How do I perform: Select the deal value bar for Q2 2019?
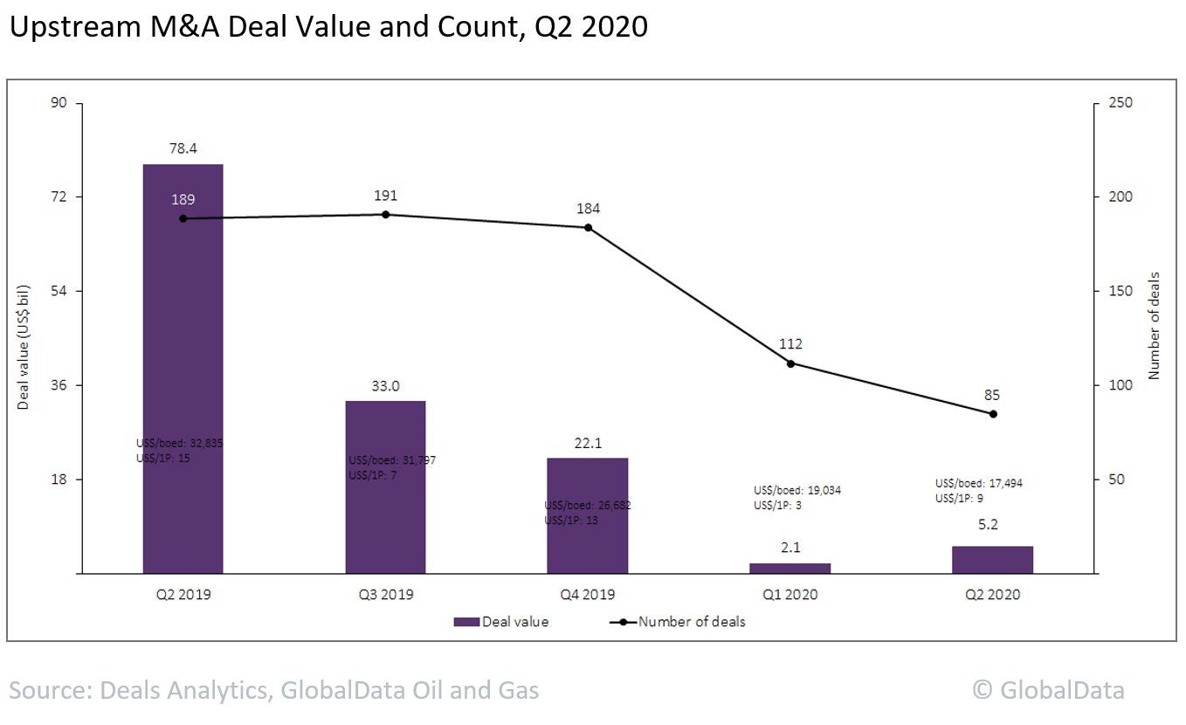183,368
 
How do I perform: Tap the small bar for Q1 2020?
790,568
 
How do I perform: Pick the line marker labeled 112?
790,363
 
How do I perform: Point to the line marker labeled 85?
993,414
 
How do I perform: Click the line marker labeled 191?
385,214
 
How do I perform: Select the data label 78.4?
183,148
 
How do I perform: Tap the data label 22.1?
587,443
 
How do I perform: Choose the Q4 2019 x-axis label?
587,595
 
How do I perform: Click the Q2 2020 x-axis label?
992,595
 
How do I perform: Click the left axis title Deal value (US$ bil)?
24,348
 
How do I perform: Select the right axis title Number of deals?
1154,327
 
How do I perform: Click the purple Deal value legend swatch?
466,622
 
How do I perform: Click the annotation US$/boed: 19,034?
797,490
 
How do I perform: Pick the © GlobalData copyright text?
1048,690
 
